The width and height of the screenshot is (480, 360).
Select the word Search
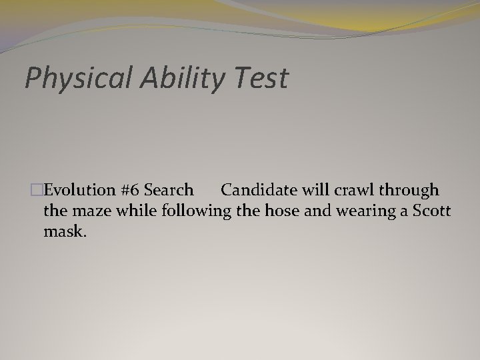pyautogui.click(x=169, y=190)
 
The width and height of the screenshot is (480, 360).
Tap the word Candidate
pyautogui.click(x=259, y=190)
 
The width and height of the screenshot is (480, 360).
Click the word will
pyautogui.click(x=318, y=190)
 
